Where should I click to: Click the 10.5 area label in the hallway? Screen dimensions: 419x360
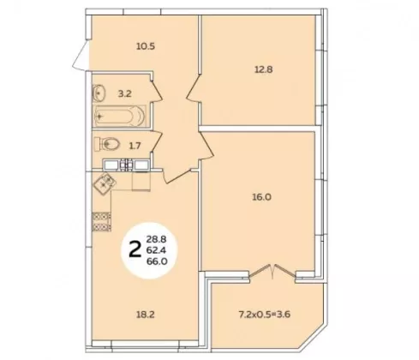146,46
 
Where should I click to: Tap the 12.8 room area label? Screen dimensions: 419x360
264,69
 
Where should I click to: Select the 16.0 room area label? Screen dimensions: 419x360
261,197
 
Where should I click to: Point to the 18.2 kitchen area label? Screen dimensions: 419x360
145,315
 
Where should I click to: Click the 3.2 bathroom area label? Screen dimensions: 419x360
125,93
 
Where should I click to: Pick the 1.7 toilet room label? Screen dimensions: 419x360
135,146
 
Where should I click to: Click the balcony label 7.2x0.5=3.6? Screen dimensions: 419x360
265,315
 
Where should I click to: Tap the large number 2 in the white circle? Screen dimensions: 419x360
135,249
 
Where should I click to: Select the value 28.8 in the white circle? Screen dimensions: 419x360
157,238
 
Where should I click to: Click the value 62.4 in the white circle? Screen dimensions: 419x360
157,250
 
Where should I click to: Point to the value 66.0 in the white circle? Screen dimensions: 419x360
157,261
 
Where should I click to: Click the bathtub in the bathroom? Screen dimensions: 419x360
120,117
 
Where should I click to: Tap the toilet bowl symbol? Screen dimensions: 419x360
106,144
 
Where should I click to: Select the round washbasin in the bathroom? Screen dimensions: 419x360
99,93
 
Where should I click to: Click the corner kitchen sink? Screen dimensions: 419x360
105,183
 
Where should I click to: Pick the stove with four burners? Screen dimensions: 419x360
102,222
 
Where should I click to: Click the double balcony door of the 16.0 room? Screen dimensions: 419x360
272,272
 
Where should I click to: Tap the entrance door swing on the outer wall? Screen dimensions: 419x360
81,56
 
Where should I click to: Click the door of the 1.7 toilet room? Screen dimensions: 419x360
157,142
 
